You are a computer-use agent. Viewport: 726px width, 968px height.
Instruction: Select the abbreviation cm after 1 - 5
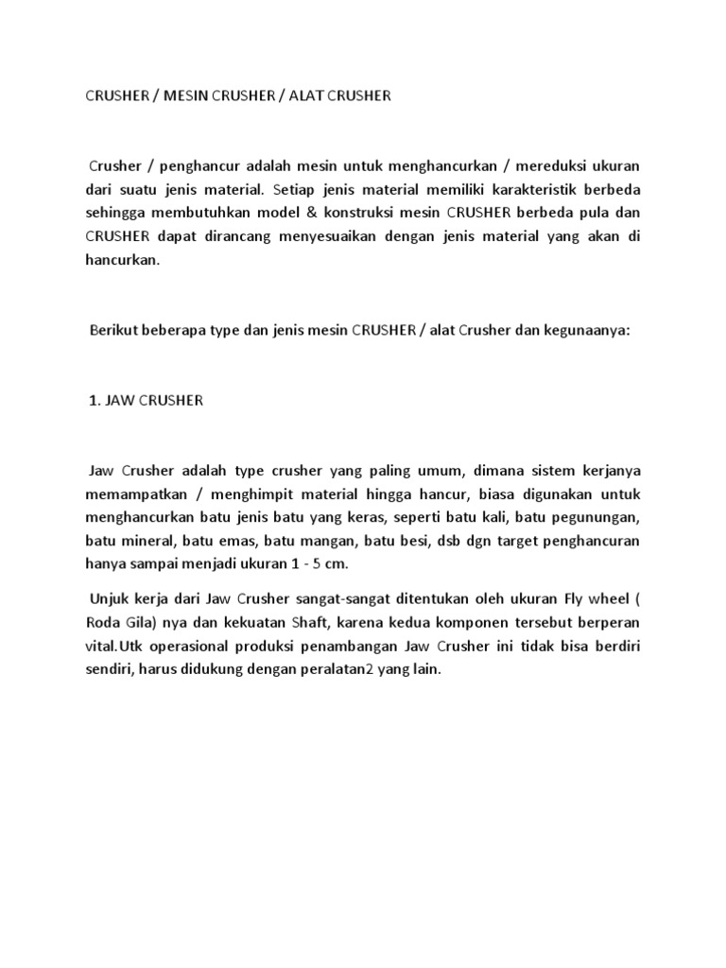(337, 564)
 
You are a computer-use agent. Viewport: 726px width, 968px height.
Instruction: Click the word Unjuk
(112, 599)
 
